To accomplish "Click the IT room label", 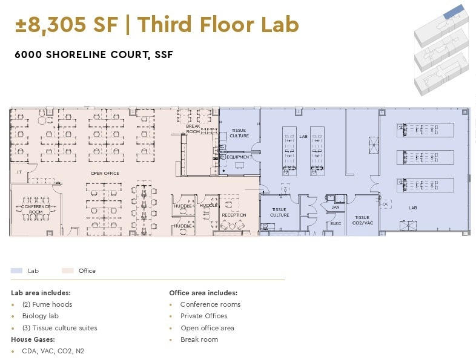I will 19,172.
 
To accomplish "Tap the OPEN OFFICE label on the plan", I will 105,173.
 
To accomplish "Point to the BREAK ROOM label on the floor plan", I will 193,128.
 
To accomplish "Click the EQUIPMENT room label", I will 239,157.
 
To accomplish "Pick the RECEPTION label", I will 234,215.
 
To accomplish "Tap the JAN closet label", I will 336,207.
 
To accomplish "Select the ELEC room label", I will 336,223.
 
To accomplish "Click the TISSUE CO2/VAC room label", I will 362,220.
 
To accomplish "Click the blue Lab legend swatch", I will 17,271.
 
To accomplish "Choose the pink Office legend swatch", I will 68,271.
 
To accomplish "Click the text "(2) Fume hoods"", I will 47,304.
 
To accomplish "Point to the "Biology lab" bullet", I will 40,316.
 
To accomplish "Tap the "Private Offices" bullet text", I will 203,316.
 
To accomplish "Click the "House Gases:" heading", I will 33,339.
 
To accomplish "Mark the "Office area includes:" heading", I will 203,293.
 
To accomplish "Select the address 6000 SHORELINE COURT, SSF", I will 94,54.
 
